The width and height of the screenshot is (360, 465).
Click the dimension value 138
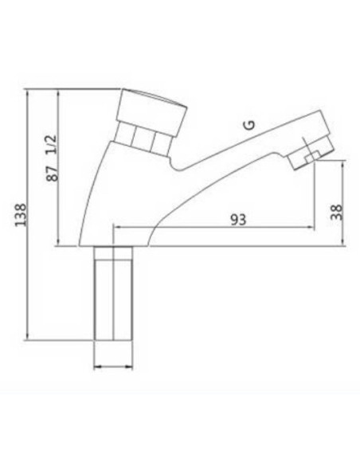coord(21,215)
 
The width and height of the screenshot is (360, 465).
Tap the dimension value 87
coord(53,174)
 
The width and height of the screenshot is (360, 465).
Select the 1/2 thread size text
coord(51,144)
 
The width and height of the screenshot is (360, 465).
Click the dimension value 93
coord(238,220)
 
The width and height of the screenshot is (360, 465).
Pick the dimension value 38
coord(337,212)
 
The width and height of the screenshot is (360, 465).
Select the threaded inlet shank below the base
coord(113,293)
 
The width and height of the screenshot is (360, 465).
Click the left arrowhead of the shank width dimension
coord(96,367)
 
